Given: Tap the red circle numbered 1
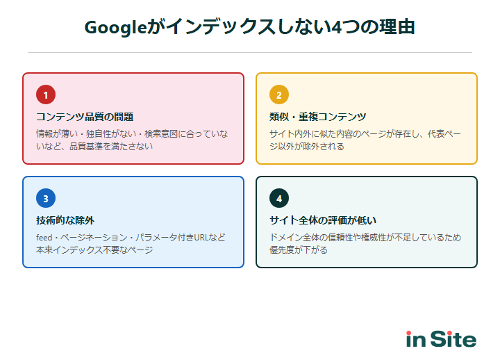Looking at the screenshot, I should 46,95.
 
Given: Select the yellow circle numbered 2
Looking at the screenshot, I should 279,95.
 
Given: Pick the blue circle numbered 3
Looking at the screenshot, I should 46,199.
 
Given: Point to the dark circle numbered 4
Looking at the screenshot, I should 279,199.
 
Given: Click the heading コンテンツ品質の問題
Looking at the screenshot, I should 85,116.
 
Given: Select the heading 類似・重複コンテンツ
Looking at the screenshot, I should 317,116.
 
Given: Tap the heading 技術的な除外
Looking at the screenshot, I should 65,220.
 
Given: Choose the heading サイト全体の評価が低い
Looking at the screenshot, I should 323,220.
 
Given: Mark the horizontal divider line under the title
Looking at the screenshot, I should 250,52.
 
